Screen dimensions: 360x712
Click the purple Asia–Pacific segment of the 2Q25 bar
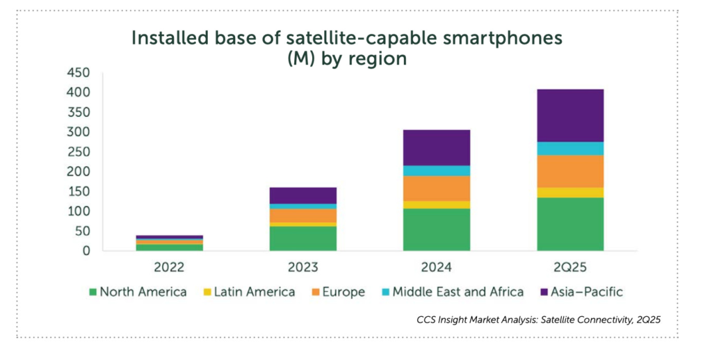pos(569,115)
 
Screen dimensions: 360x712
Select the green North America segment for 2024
pos(436,229)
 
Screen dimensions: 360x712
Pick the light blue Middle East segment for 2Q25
pos(569,148)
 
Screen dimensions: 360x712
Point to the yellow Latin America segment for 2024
pos(436,204)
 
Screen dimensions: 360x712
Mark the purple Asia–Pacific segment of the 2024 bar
pos(436,147)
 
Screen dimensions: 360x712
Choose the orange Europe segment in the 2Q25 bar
pos(569,171)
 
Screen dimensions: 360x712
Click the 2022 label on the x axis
pos(169,268)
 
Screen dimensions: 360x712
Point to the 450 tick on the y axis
pos(79,72)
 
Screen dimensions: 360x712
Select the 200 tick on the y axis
pos(79,172)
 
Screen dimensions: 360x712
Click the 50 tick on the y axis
pos(83,231)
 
